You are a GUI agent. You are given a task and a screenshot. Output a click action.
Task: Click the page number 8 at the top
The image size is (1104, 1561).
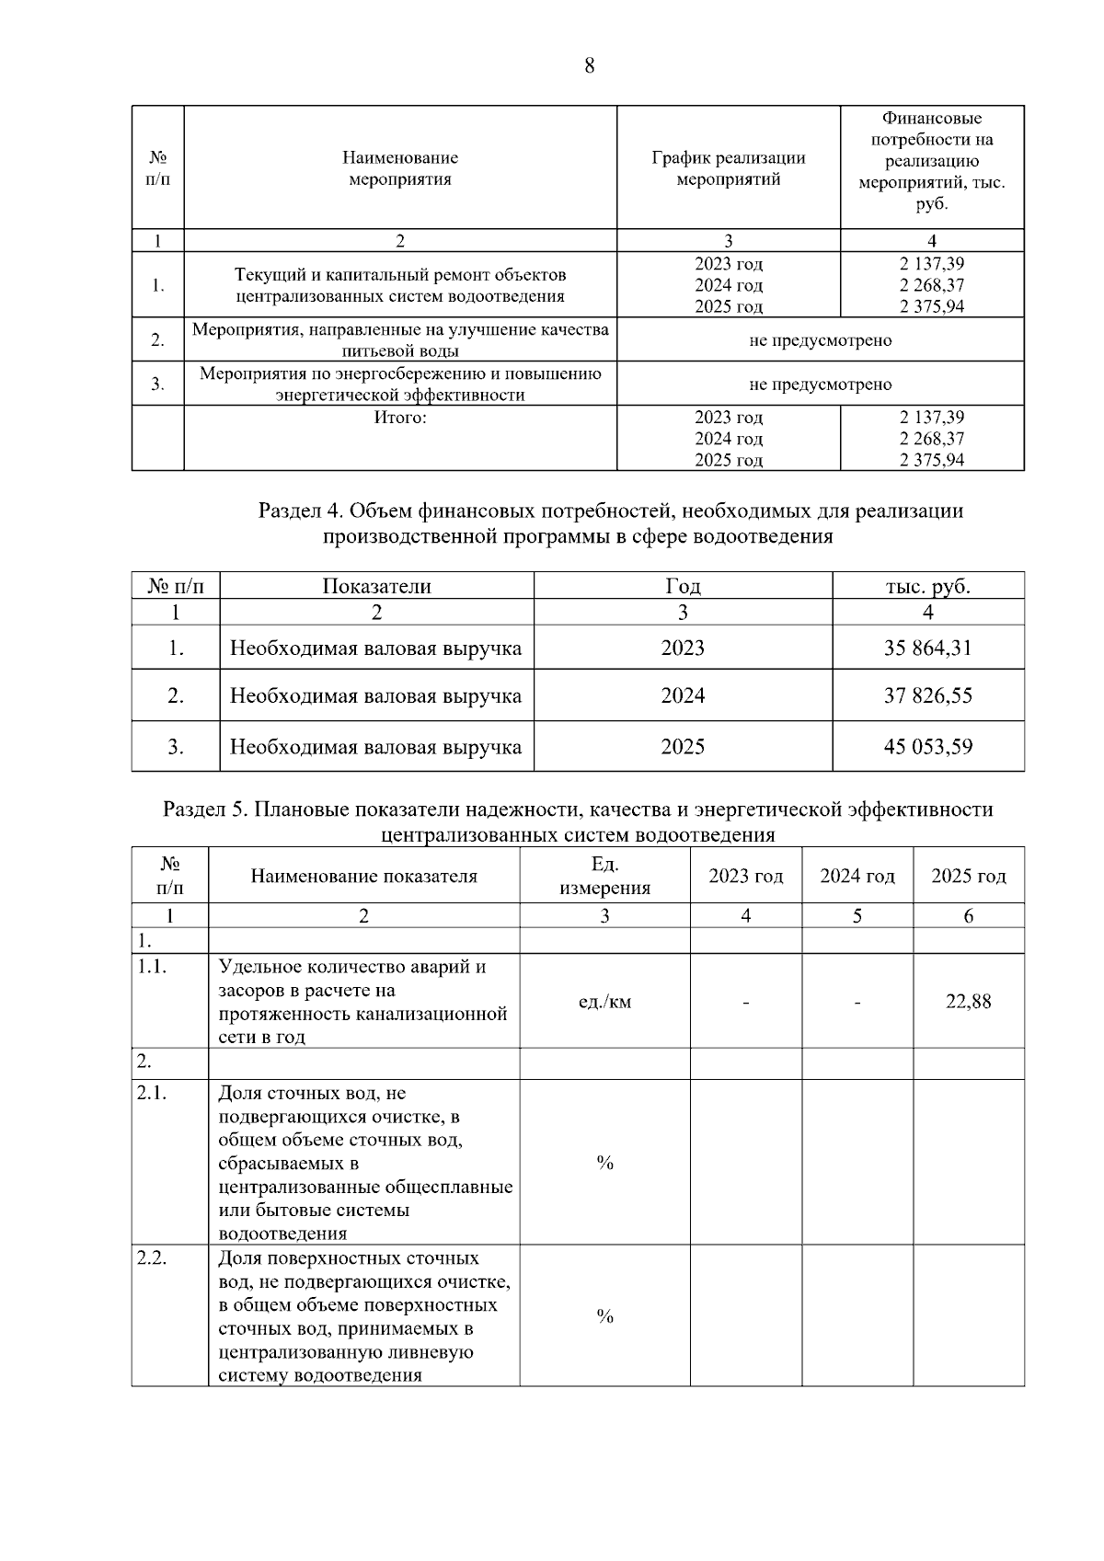(x=589, y=65)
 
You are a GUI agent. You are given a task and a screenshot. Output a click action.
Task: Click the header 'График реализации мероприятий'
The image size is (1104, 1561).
(x=728, y=168)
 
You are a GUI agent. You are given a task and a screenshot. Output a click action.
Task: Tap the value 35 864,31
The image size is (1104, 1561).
(x=927, y=648)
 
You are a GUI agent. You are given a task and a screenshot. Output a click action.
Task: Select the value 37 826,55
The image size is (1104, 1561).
(x=927, y=695)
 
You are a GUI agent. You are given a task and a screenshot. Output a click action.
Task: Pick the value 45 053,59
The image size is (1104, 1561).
(x=927, y=746)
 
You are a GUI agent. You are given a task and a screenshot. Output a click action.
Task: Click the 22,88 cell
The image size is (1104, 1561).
(x=968, y=1002)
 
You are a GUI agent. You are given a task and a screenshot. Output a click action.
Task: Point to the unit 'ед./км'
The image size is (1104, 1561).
(x=604, y=1002)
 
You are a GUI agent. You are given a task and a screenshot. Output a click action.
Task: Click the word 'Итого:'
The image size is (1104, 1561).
(x=400, y=418)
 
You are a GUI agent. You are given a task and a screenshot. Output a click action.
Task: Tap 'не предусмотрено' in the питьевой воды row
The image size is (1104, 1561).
(x=820, y=340)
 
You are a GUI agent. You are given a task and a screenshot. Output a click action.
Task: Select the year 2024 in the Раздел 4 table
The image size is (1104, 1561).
(x=683, y=695)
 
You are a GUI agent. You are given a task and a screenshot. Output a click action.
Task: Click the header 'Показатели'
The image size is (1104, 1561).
(x=376, y=586)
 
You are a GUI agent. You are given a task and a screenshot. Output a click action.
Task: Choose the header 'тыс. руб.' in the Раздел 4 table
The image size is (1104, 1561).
(x=927, y=586)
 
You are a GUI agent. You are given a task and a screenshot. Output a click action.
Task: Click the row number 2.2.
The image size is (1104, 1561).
(x=152, y=1258)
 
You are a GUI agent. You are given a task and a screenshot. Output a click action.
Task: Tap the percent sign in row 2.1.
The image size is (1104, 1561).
(x=604, y=1164)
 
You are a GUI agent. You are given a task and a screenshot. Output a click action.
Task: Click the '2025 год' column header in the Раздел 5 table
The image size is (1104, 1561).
(x=968, y=876)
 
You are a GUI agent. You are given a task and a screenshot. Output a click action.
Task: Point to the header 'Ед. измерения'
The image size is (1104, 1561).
(x=604, y=876)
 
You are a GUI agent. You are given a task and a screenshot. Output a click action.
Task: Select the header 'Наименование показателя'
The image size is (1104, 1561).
(x=363, y=876)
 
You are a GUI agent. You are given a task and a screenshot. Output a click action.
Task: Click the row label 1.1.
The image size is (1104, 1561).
(x=152, y=967)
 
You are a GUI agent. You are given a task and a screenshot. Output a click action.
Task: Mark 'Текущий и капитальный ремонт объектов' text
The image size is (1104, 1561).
(x=400, y=275)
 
